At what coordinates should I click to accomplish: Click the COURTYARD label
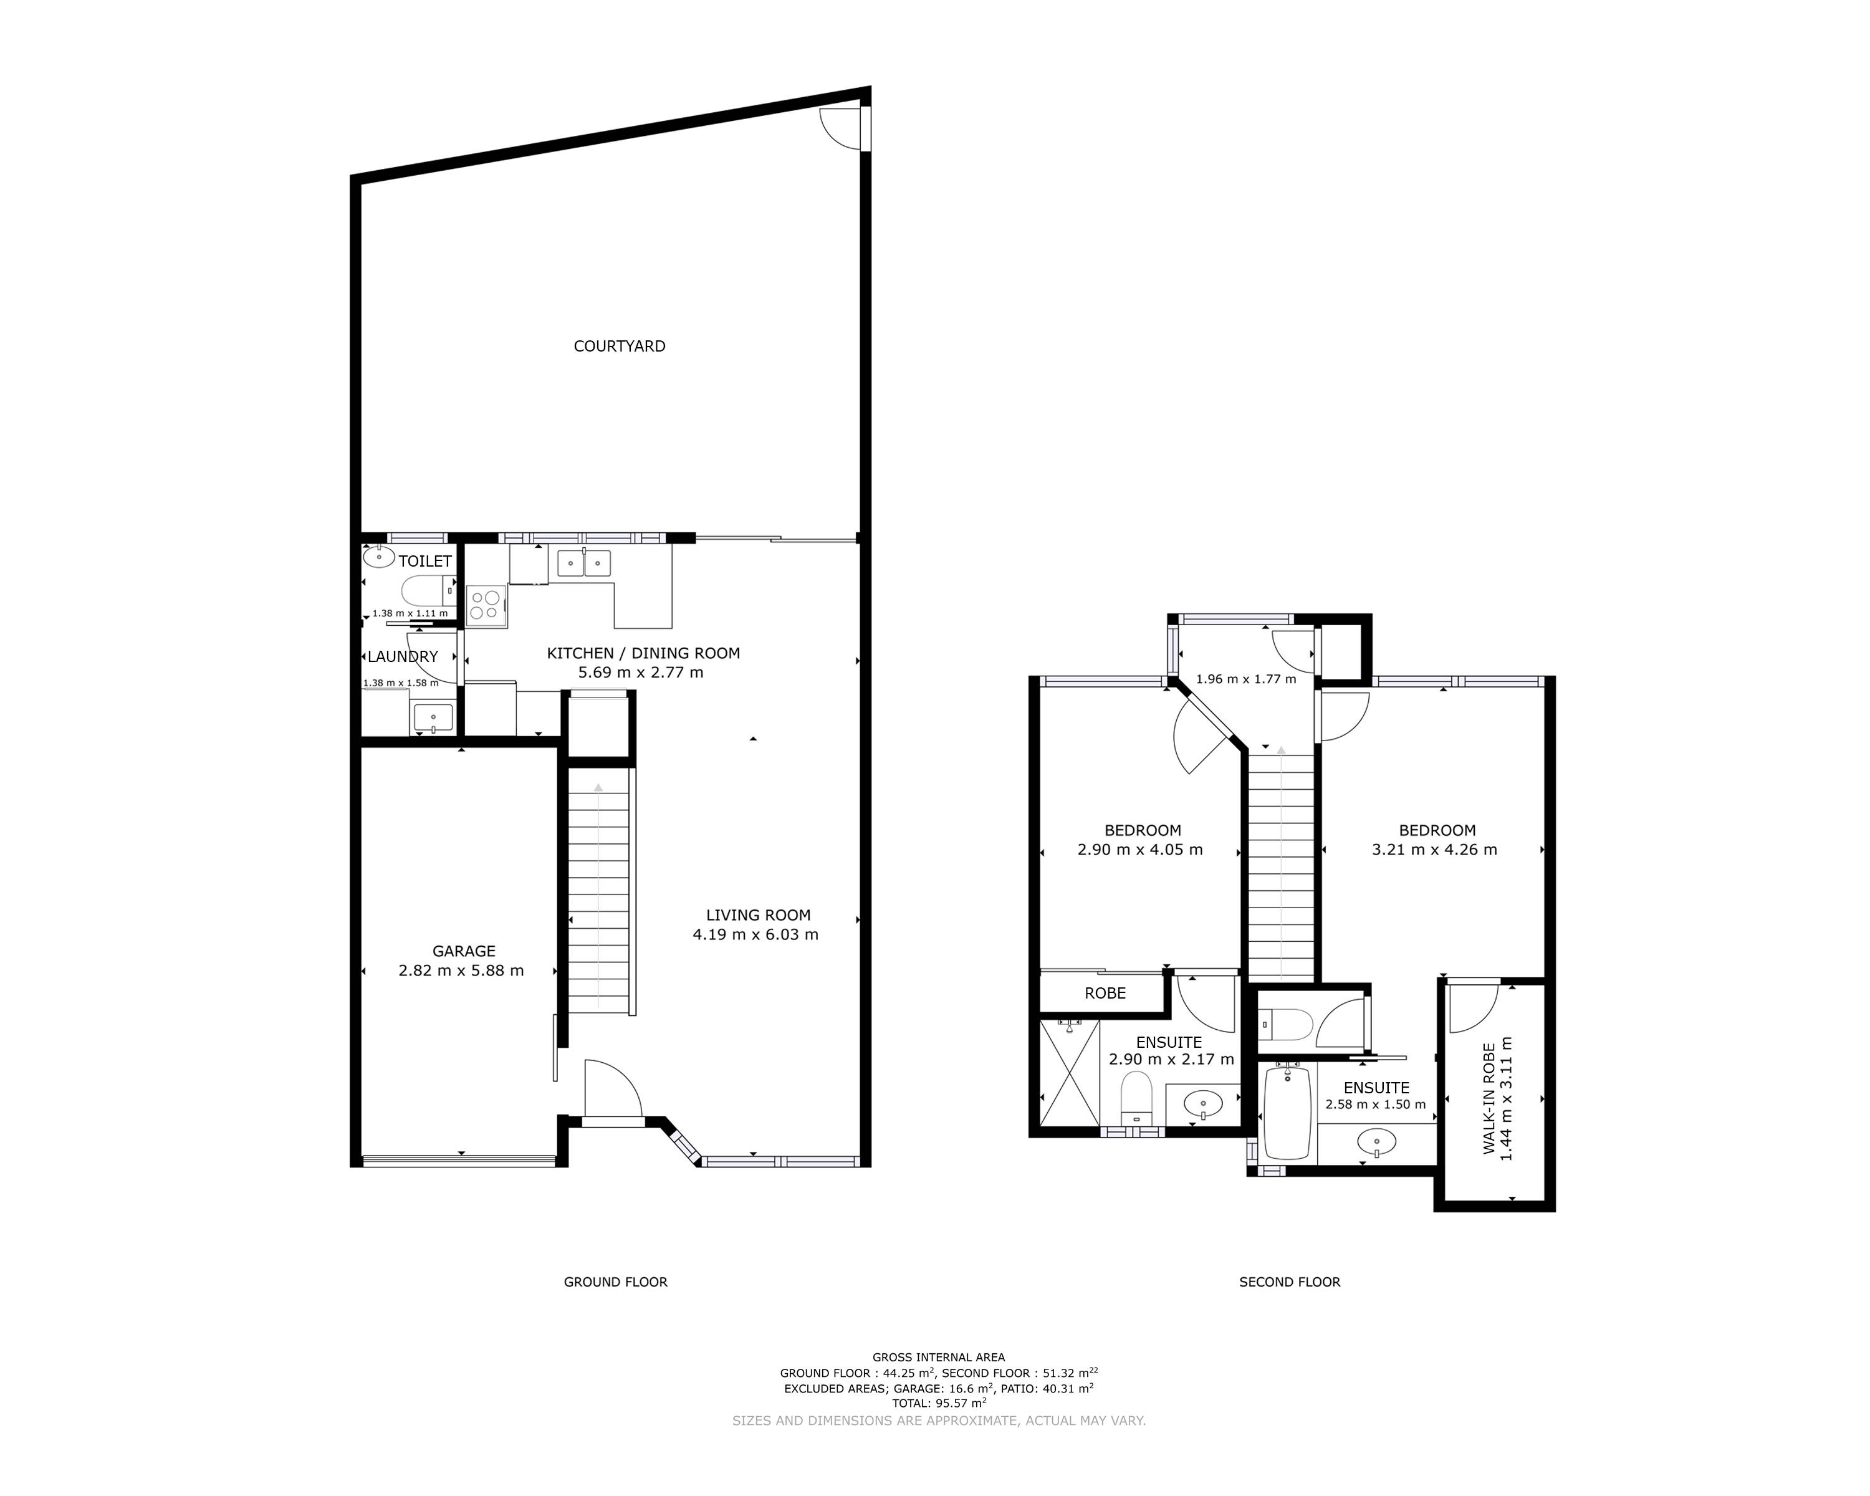[620, 346]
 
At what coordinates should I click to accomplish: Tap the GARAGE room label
[464, 951]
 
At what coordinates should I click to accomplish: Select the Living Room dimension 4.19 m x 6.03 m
[755, 934]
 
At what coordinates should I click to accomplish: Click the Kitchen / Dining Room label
[643, 653]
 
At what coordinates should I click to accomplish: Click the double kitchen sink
[583, 563]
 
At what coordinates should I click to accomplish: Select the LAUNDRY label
[403, 656]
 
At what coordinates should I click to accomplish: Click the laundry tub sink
[433, 718]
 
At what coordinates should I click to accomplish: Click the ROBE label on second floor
[1105, 993]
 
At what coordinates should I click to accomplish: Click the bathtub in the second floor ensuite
[1287, 1113]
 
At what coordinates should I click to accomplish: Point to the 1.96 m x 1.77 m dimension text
[1245, 679]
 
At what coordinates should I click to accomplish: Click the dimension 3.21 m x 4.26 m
[1434, 849]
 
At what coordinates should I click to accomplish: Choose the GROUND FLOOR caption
[616, 1282]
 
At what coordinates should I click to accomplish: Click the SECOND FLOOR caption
[1290, 1282]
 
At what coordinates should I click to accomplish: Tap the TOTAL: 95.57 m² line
[939, 1402]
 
